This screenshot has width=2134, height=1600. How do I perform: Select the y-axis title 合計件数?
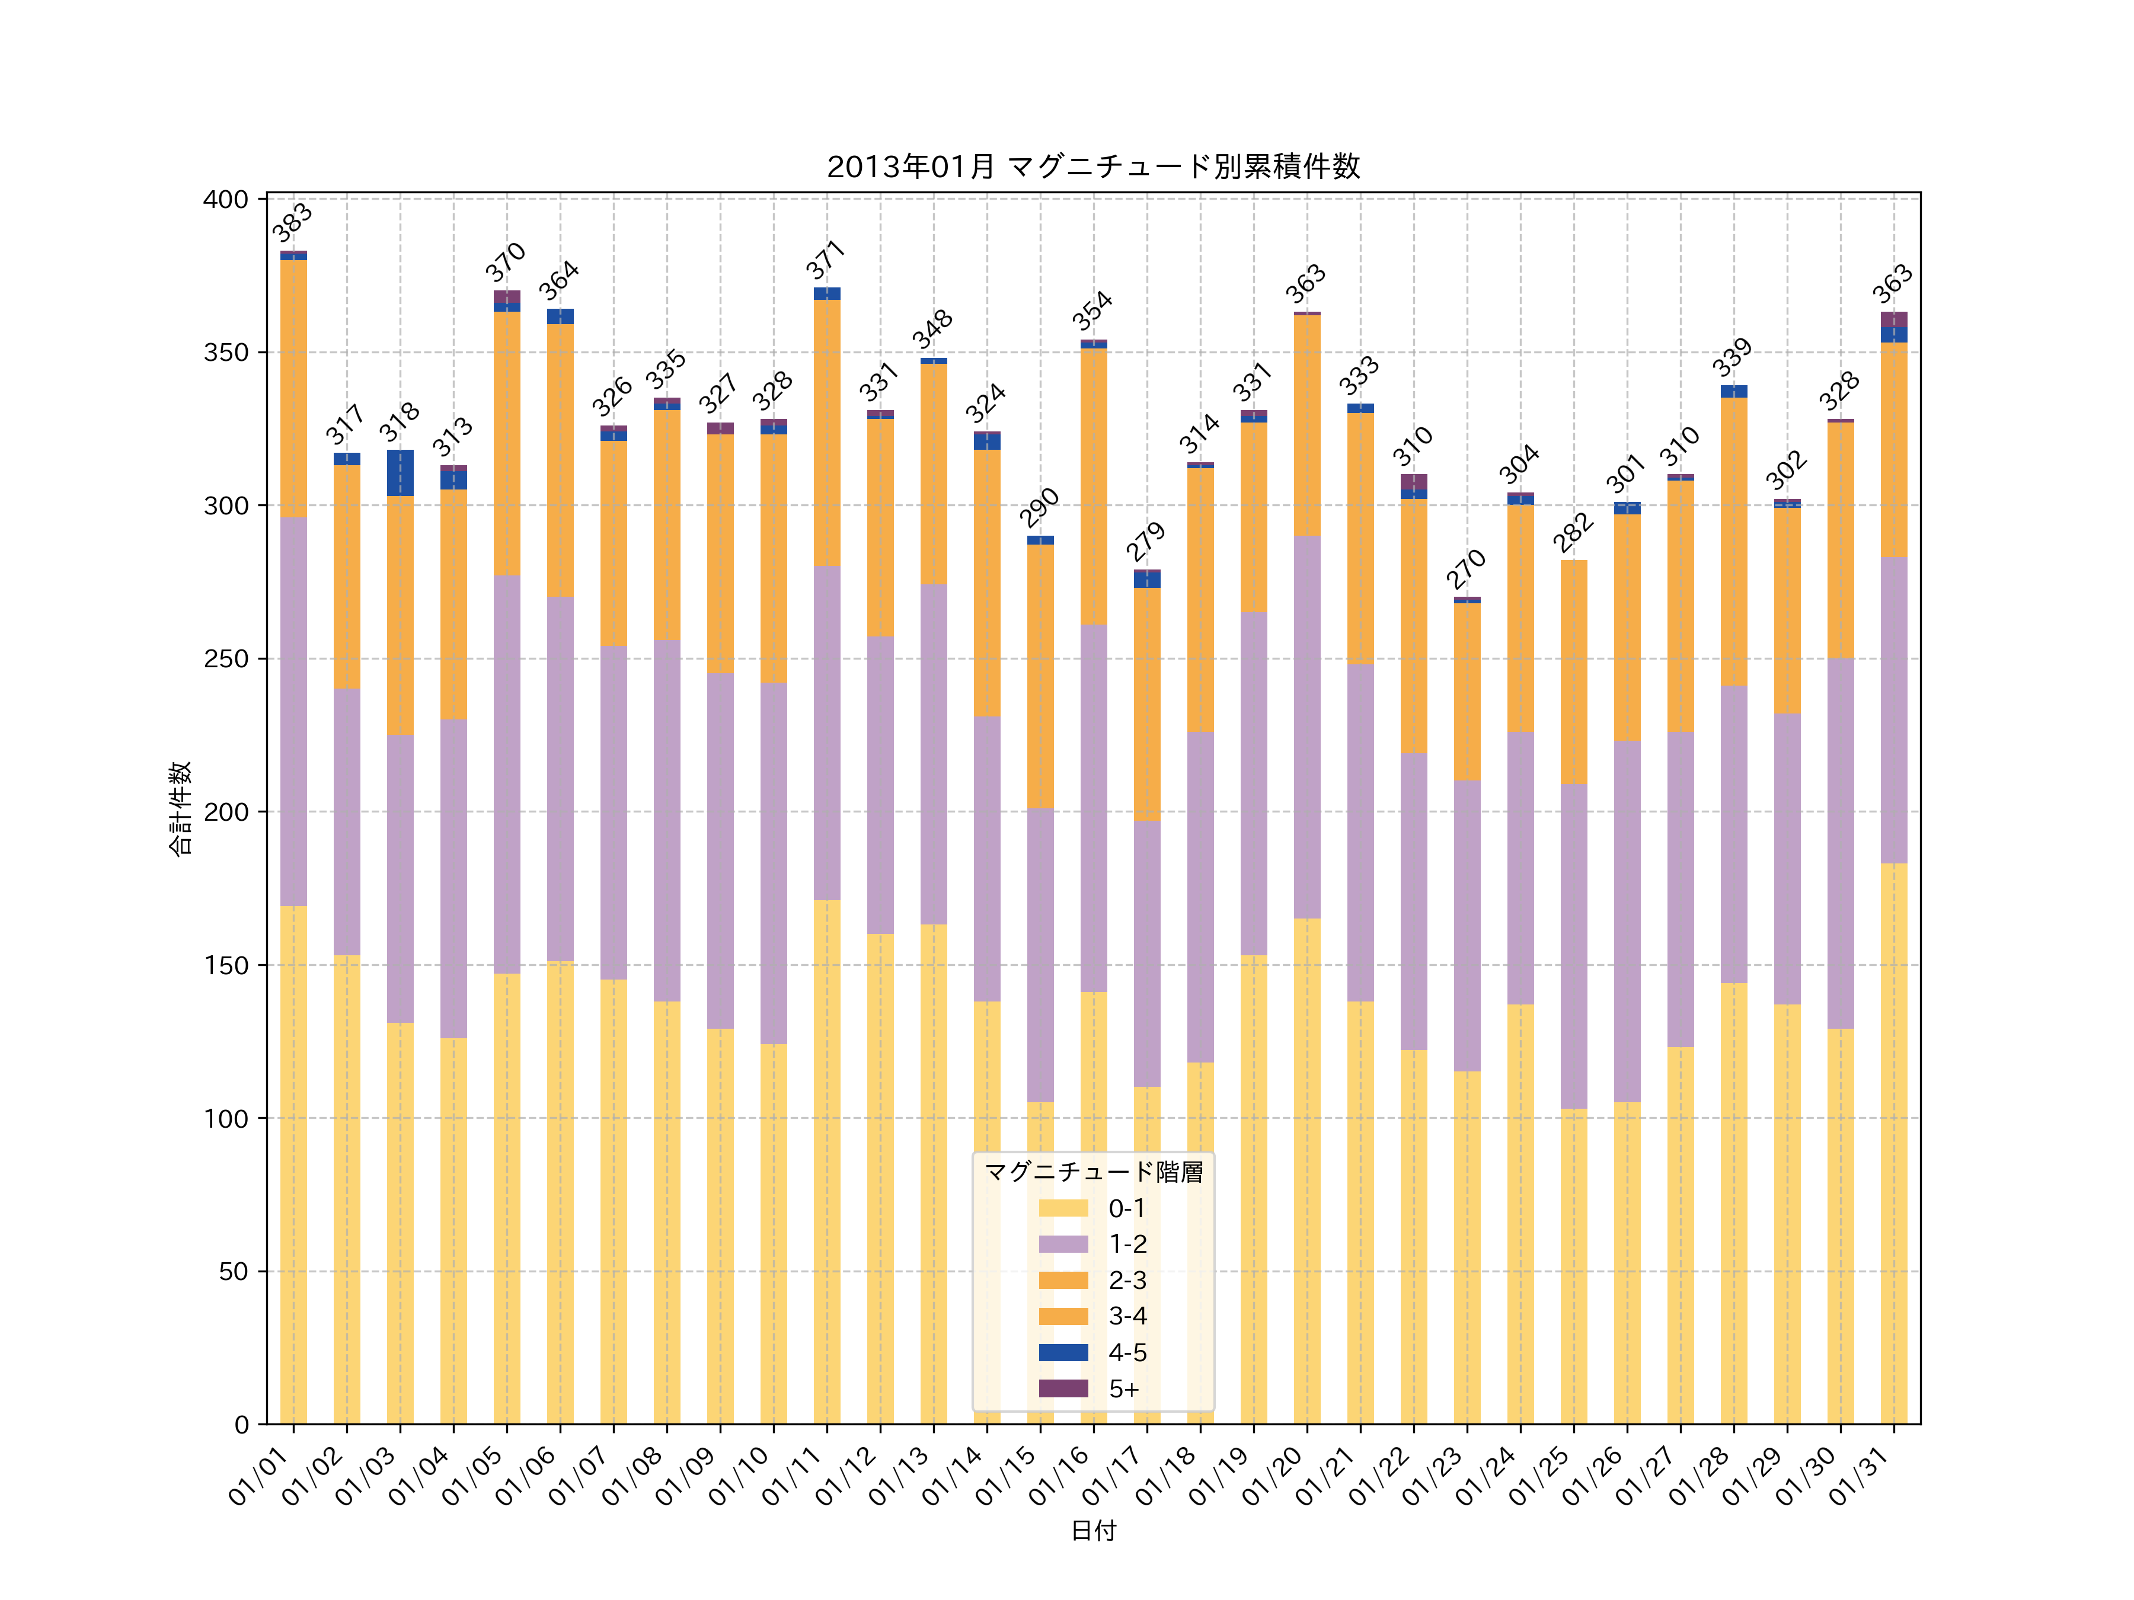tap(180, 808)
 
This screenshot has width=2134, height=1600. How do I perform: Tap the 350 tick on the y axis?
tap(226, 353)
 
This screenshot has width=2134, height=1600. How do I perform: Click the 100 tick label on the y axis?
tap(226, 1119)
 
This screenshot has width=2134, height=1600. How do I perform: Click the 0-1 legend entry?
tap(1126, 1208)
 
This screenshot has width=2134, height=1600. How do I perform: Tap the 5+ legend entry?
tap(1123, 1389)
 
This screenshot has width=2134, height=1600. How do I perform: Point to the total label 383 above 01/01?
tap(292, 223)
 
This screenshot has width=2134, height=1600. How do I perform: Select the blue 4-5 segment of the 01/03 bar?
tap(400, 472)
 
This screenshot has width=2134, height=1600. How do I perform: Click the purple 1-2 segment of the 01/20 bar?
tap(1307, 726)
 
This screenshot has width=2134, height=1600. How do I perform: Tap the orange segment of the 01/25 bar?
tap(1573, 671)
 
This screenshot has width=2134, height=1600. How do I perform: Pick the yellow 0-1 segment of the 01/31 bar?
tap(1894, 1143)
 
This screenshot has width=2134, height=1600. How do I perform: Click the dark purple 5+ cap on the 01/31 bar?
tap(1894, 319)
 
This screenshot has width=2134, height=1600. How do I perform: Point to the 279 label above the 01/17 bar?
tap(1146, 542)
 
